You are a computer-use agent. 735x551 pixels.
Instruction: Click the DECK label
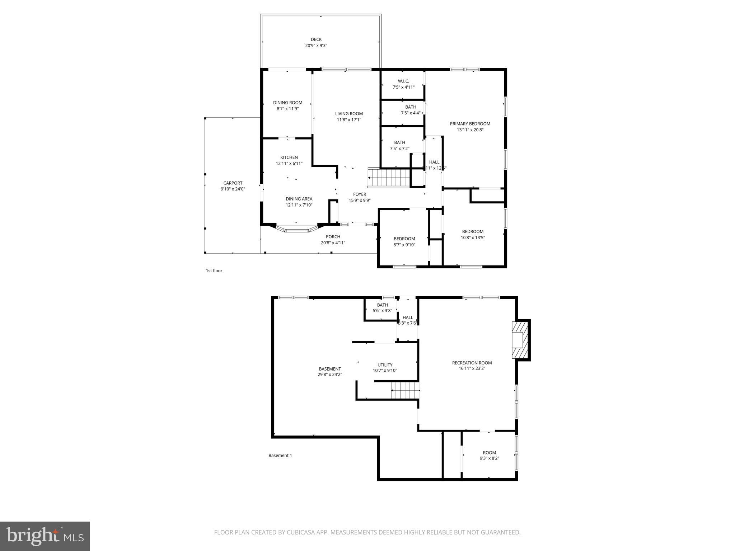pyautogui.click(x=316, y=39)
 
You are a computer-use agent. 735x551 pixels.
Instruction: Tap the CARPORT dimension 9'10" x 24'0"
pyautogui.click(x=233, y=189)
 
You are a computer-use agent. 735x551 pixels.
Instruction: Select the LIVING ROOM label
pyautogui.click(x=349, y=114)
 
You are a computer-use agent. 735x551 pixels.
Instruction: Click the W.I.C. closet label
pyautogui.click(x=403, y=81)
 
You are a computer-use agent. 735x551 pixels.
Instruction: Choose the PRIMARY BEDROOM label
pyautogui.click(x=470, y=124)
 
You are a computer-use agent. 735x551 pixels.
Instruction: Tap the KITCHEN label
pyautogui.click(x=289, y=157)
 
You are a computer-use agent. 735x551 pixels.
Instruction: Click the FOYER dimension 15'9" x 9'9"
pyautogui.click(x=360, y=201)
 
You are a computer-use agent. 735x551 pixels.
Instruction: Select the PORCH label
pyautogui.click(x=333, y=237)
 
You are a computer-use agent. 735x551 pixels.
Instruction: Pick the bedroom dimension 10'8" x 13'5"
pyautogui.click(x=473, y=237)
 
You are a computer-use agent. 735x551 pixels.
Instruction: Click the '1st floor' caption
pyautogui.click(x=214, y=271)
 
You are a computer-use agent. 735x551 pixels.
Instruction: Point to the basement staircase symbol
pyautogui.click(x=405, y=391)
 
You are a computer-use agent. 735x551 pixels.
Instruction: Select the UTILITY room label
pyautogui.click(x=385, y=365)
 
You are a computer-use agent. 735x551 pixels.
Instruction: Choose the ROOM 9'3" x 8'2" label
pyautogui.click(x=489, y=453)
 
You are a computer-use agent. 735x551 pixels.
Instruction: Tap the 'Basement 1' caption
pyautogui.click(x=280, y=456)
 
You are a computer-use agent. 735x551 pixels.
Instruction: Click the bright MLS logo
pyautogui.click(x=45, y=536)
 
